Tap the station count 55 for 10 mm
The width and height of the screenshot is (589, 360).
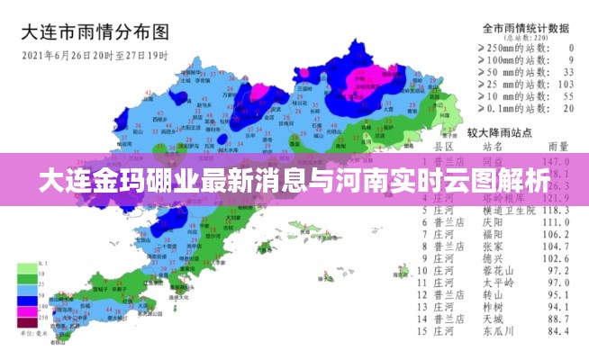566,95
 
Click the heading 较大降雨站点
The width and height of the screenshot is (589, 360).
503,131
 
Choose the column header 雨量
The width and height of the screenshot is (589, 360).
558,146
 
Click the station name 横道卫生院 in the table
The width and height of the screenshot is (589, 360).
509,210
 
